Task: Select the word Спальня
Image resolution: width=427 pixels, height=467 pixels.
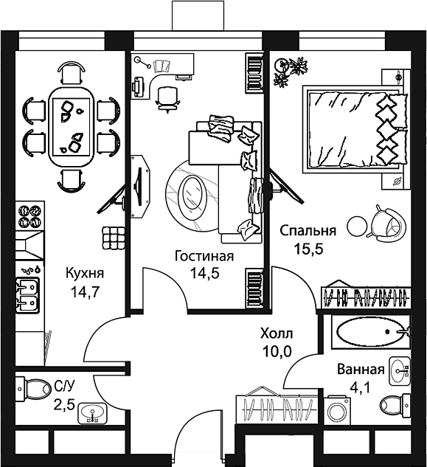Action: point(308,230)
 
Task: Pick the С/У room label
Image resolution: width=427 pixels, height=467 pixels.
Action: point(63,384)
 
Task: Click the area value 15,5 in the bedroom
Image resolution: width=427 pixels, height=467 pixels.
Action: point(308,249)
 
